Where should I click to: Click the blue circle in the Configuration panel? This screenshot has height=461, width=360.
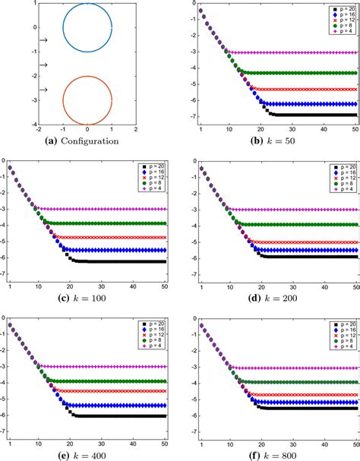[87, 7]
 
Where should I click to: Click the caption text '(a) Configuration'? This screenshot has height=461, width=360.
[87, 141]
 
